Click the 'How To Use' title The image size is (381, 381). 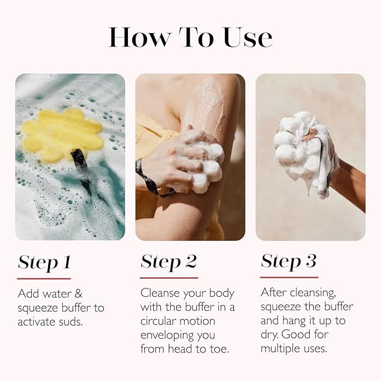coord(190,37)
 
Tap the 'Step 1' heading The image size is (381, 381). coord(44,262)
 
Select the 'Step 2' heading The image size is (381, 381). coord(168,262)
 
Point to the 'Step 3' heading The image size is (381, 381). coord(288,261)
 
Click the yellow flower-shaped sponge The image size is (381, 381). coord(62,135)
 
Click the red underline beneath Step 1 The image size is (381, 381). coord(44,278)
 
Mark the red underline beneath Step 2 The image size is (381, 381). coord(168,277)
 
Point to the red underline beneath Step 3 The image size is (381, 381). coord(289,277)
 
